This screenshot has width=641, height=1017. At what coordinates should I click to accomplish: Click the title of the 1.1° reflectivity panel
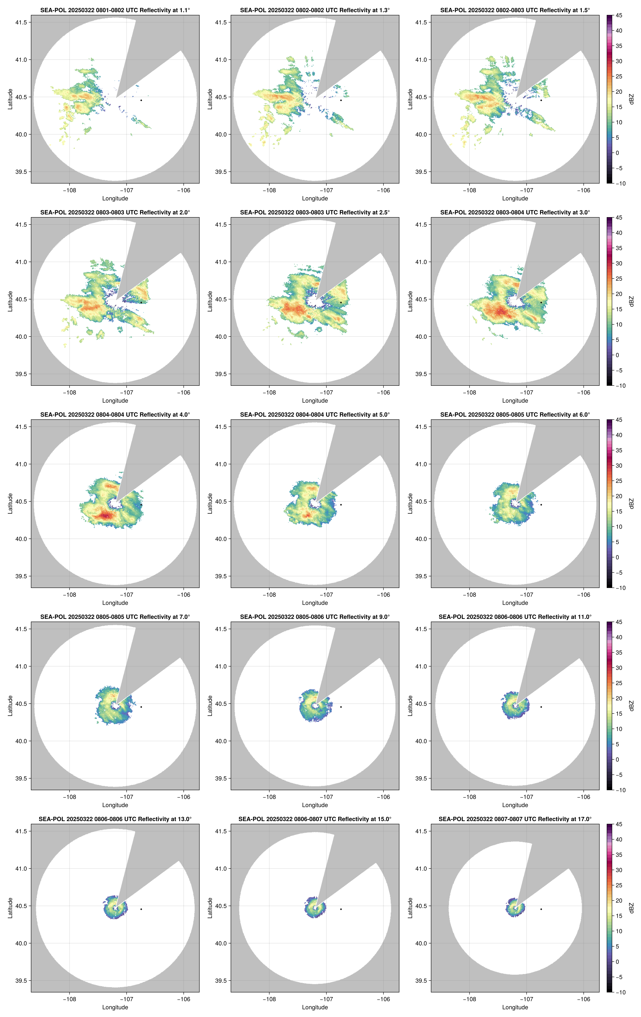pos(115,10)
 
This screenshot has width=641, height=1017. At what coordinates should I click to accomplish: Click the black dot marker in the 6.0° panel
pos(541,505)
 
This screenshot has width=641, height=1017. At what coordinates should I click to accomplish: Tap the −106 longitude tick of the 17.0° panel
pos(584,999)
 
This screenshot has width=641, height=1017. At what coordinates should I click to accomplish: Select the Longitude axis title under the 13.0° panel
pos(115,1007)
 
